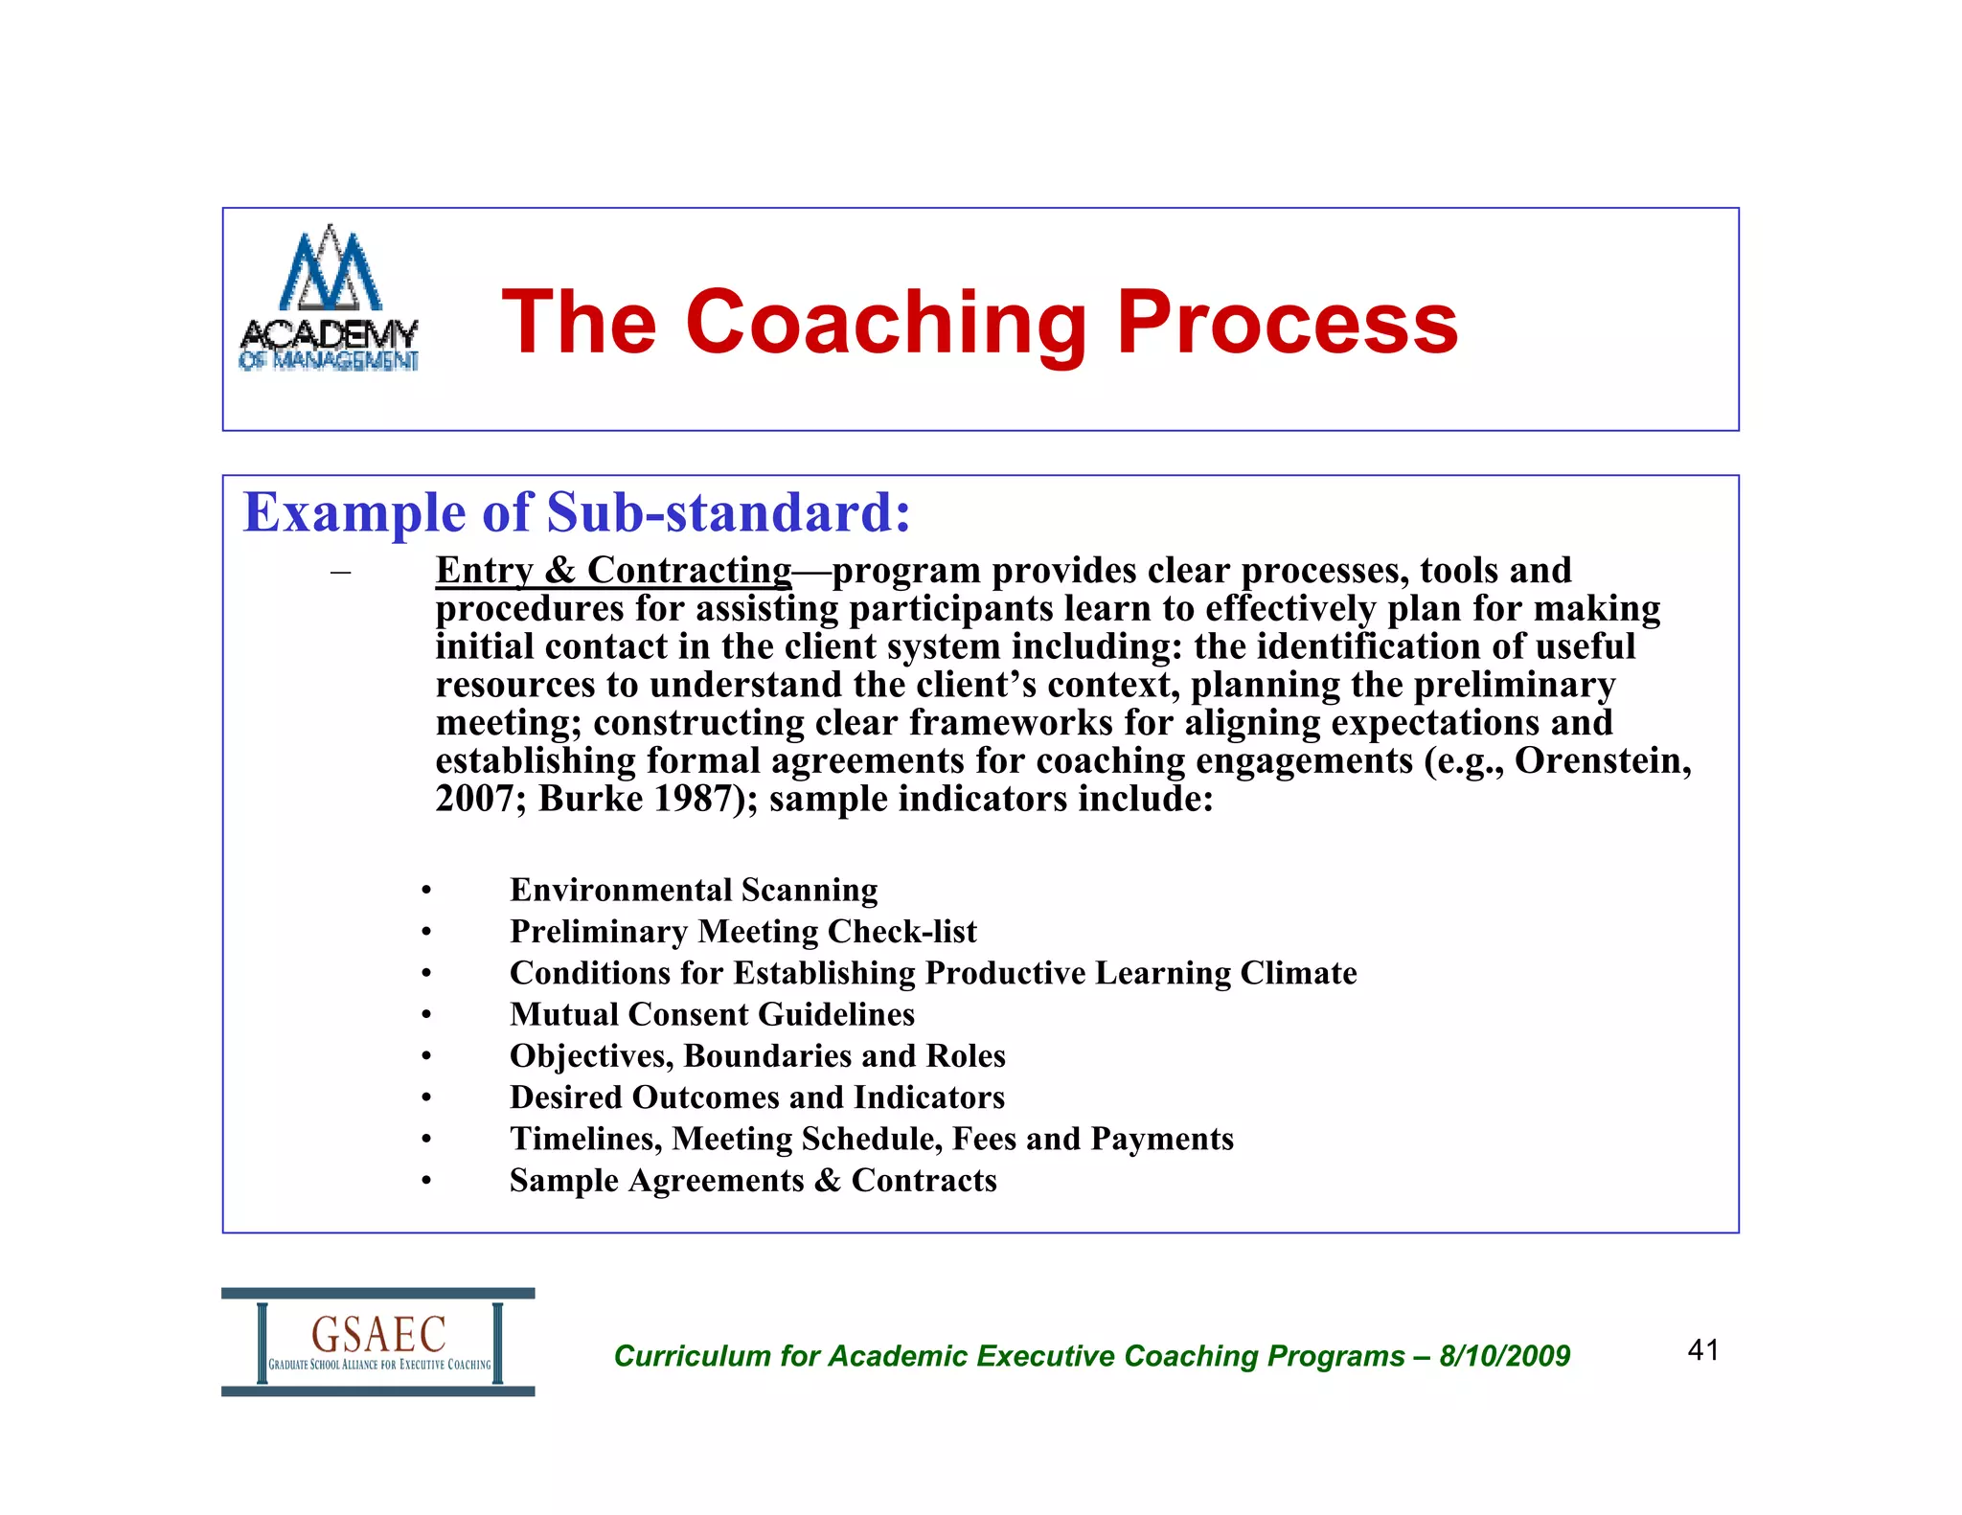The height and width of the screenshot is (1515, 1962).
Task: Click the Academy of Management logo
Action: (329, 299)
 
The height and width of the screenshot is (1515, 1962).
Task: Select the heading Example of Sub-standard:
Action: (577, 512)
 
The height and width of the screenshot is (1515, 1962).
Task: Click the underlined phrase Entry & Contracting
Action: (613, 571)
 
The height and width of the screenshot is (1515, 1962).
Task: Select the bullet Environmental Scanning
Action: (693, 890)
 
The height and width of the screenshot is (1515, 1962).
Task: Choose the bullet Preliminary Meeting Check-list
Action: (742, 931)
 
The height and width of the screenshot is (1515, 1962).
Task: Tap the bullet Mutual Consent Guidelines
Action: (712, 1014)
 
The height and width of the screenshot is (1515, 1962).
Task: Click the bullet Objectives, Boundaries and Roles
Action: (757, 1055)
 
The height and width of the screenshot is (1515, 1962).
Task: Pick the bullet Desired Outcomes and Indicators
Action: (757, 1097)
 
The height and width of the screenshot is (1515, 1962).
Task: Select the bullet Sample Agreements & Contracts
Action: (753, 1180)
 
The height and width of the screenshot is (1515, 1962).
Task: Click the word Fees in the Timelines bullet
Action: (985, 1139)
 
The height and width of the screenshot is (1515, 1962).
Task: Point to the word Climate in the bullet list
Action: (1298, 973)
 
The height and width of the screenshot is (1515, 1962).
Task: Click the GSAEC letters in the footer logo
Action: (378, 1333)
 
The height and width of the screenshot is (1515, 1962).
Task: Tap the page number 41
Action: (1702, 1350)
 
